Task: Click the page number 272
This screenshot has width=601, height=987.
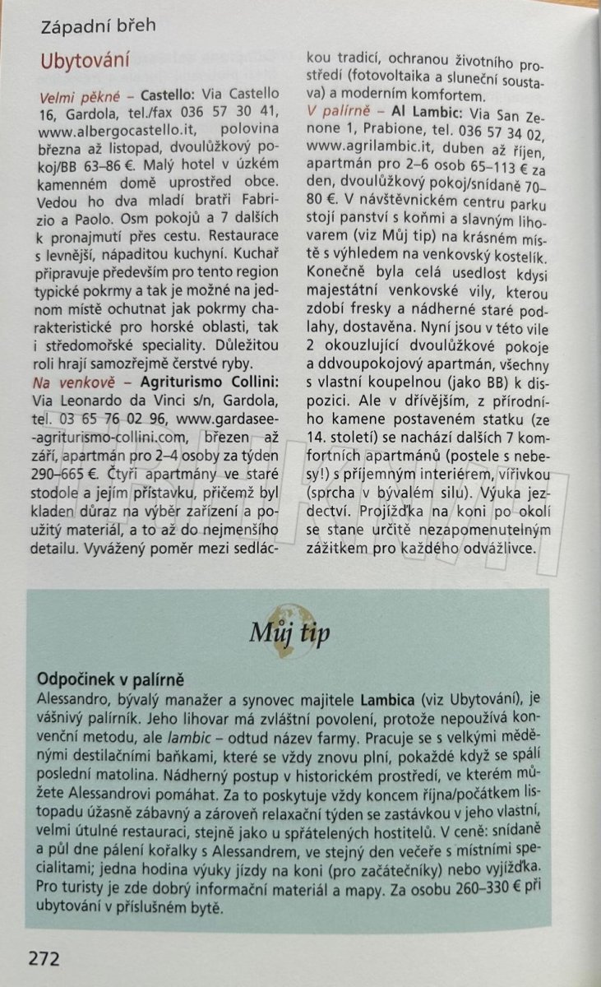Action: pyautogui.click(x=44, y=958)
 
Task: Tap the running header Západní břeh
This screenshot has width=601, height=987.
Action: pyautogui.click(x=98, y=25)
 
